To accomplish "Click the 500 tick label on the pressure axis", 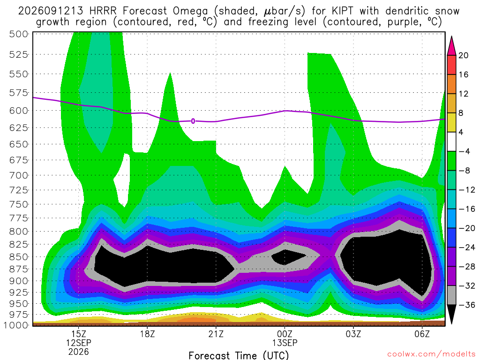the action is [19, 34].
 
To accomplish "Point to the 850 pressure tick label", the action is [19, 257].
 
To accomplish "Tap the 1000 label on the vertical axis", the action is [15, 325].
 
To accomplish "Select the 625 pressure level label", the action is [19, 127].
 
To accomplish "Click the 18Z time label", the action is [148, 334].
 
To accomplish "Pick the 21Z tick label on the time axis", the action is [216, 334].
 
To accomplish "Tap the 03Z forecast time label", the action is [353, 334].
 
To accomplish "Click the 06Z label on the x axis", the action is [422, 334].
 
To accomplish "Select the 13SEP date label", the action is [285, 343].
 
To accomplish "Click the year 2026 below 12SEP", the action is [79, 352].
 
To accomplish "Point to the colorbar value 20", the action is [463, 55].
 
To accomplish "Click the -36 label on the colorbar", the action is [466, 305].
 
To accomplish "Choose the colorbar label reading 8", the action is [461, 113].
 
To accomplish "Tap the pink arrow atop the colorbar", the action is [451, 45].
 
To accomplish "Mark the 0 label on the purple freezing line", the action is [193, 121].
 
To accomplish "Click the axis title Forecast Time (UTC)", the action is [239, 355].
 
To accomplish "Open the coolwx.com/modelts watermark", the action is [431, 354].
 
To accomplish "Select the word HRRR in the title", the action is [103, 11].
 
